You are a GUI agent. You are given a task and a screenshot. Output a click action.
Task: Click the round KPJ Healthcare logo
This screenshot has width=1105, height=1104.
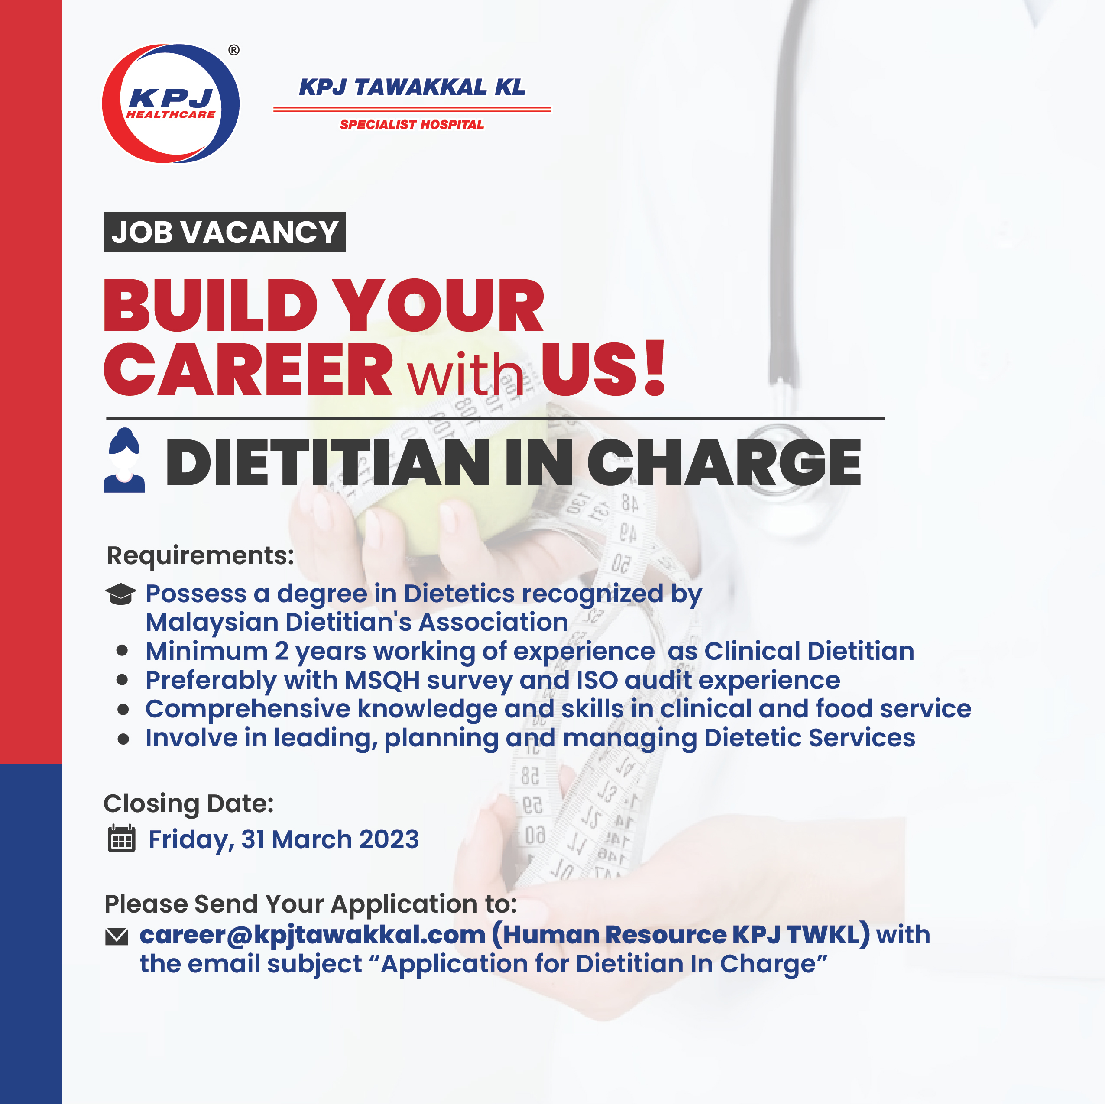click(x=170, y=103)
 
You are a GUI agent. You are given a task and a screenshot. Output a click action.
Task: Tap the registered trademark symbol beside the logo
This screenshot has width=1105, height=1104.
click(x=234, y=50)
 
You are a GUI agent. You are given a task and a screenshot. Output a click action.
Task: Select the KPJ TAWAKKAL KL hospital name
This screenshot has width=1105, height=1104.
click(x=412, y=87)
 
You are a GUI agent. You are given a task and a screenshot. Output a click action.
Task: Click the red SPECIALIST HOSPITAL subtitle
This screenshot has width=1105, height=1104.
click(x=412, y=125)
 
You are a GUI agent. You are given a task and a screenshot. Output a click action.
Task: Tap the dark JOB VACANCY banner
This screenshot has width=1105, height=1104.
click(x=225, y=232)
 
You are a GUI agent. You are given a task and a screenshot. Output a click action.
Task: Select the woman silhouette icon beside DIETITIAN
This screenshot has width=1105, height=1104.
click(x=124, y=460)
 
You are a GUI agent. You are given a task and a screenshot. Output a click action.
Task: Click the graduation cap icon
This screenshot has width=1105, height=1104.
click(x=121, y=594)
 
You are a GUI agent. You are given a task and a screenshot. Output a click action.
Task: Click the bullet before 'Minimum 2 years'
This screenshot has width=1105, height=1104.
click(x=122, y=651)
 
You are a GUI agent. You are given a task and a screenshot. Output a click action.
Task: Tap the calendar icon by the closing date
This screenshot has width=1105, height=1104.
click(x=121, y=839)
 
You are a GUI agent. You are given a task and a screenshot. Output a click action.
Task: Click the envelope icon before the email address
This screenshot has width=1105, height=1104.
click(x=117, y=936)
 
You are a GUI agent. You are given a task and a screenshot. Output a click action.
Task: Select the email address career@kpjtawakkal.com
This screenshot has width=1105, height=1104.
click(x=313, y=935)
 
